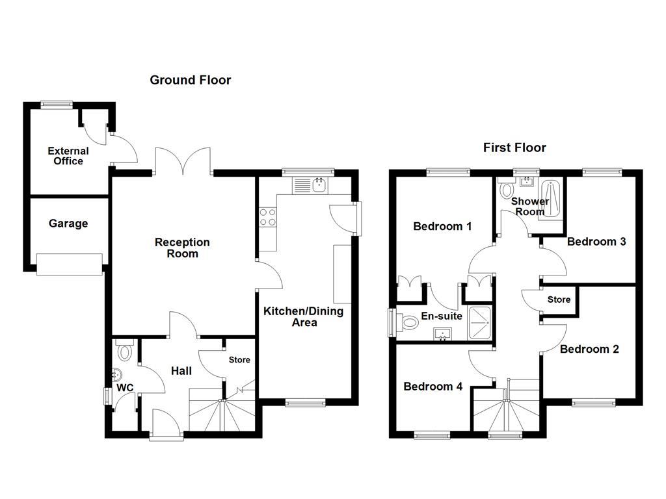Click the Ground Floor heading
[190, 80]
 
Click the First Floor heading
[514, 147]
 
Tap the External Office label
[68, 156]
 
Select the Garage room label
[68, 224]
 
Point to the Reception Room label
[182, 248]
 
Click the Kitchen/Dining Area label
[303, 316]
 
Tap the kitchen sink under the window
[319, 185]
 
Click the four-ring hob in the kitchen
[267, 216]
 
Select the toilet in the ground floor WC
[125, 352]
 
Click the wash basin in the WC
[116, 375]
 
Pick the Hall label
[181, 371]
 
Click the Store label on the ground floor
[239, 360]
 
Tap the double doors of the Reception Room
[183, 161]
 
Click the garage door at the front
[69, 264]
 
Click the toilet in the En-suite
[408, 322]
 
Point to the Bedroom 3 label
[596, 242]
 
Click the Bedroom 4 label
[433, 387]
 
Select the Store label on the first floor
[559, 300]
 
